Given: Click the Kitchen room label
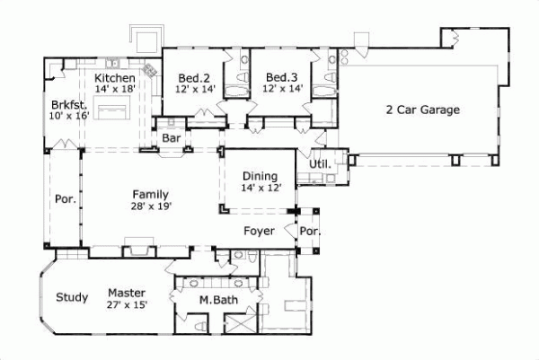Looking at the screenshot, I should (x=114, y=78).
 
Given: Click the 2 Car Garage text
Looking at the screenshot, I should (x=422, y=110).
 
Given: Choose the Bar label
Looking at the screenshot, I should (x=172, y=138).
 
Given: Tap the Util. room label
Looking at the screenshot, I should (x=320, y=164).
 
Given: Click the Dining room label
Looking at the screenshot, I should (x=261, y=176).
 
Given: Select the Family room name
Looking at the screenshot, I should (x=150, y=194).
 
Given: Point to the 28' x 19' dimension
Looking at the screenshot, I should (x=150, y=206).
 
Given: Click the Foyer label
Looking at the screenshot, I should (x=259, y=231).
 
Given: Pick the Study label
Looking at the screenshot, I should (x=71, y=297).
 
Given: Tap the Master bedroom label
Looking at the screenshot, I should (x=126, y=293).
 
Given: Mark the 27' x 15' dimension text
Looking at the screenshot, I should (x=126, y=304).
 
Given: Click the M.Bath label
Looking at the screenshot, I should (x=218, y=300).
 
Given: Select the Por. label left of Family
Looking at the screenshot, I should (x=64, y=199).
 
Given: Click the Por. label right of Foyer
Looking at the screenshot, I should (x=310, y=232).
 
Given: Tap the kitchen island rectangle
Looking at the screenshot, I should (x=114, y=112).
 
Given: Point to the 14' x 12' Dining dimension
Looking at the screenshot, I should (x=261, y=188).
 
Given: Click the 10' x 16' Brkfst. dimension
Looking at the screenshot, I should (x=70, y=116).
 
